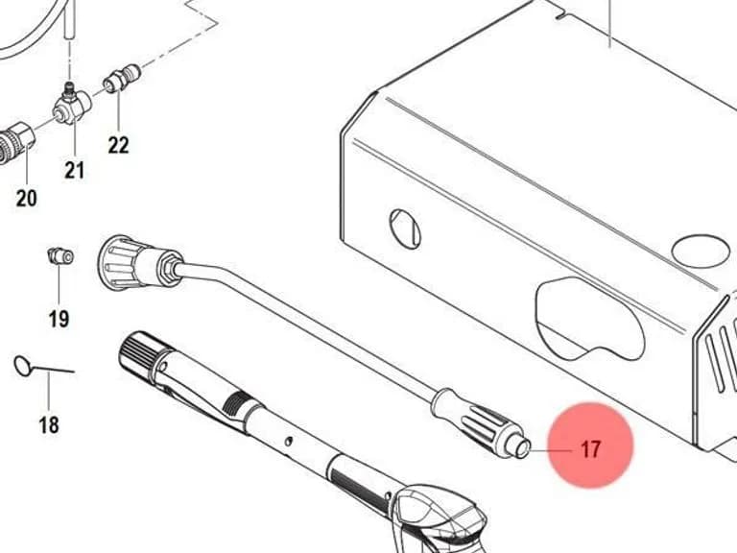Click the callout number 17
pos(591,449)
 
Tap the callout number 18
pos(49,425)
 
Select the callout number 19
pos(59,319)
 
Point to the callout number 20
pos(26,198)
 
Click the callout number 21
pos(74,170)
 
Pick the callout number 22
pos(118,145)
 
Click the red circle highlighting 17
pos(591,445)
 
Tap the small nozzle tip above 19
pos(60,255)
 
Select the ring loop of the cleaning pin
pos(22,366)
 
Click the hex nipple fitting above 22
pos(121,78)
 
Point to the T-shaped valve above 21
pos(71,106)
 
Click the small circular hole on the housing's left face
pos(405,229)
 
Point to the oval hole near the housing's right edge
pos(701,252)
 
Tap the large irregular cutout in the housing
pos(590,319)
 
